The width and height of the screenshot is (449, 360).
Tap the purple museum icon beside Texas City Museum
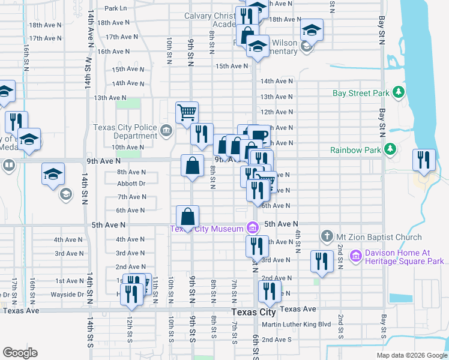(x=253, y=228)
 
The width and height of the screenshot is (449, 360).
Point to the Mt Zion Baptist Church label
(x=380, y=237)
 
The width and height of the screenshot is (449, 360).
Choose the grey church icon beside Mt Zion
(x=327, y=236)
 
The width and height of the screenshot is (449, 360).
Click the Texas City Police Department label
(x=125, y=132)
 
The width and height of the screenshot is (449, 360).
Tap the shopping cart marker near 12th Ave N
(x=187, y=112)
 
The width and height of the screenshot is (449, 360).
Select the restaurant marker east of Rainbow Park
(x=424, y=160)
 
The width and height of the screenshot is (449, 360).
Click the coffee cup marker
(x=259, y=135)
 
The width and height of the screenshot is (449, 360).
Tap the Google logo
(x=20, y=353)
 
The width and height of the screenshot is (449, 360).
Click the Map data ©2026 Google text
(x=412, y=355)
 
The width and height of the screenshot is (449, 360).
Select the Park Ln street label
(x=116, y=8)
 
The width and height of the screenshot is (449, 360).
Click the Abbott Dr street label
(x=131, y=184)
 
